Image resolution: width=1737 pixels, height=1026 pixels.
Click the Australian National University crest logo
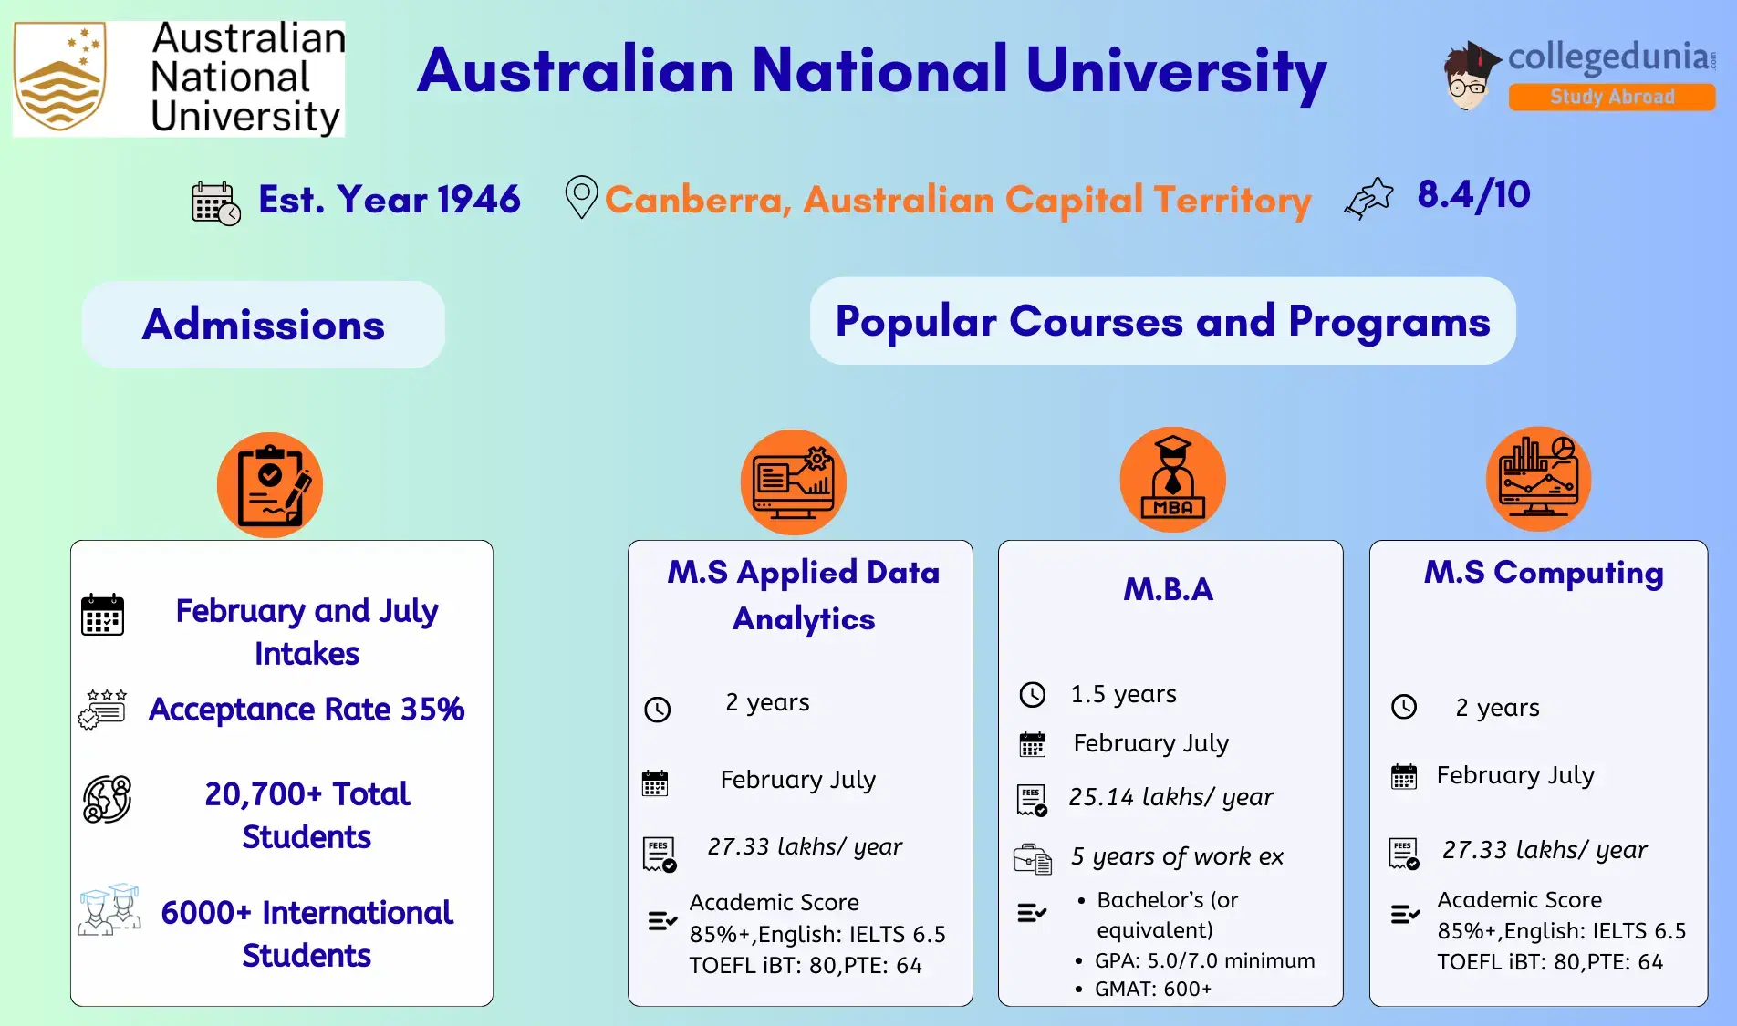click(60, 78)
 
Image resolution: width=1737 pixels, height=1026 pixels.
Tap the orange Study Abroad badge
click(1611, 97)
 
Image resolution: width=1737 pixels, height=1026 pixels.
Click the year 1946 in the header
click(478, 199)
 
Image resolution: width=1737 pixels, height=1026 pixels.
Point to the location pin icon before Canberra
click(581, 196)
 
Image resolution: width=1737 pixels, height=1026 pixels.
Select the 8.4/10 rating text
click(1472, 194)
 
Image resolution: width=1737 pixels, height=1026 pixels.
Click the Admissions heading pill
click(264, 325)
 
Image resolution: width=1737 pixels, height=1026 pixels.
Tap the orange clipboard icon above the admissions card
click(269, 484)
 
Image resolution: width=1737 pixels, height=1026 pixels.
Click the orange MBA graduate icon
click(1172, 480)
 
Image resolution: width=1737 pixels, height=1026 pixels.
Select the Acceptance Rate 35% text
click(307, 709)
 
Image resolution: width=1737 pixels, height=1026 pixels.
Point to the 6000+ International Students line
click(307, 912)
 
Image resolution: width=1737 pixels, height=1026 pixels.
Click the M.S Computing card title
click(1543, 572)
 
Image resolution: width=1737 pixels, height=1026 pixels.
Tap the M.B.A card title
click(1168, 589)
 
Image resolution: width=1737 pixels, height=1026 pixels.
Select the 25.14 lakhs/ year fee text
click(1170, 797)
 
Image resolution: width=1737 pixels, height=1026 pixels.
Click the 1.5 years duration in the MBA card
click(1123, 694)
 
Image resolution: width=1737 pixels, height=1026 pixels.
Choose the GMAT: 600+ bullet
click(1153, 989)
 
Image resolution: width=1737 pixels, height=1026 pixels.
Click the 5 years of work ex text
click(1177, 856)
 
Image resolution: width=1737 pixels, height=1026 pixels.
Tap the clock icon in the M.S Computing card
click(1404, 707)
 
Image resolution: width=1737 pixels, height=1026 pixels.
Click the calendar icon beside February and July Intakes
click(102, 615)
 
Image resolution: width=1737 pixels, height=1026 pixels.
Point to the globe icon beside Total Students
click(107, 800)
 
